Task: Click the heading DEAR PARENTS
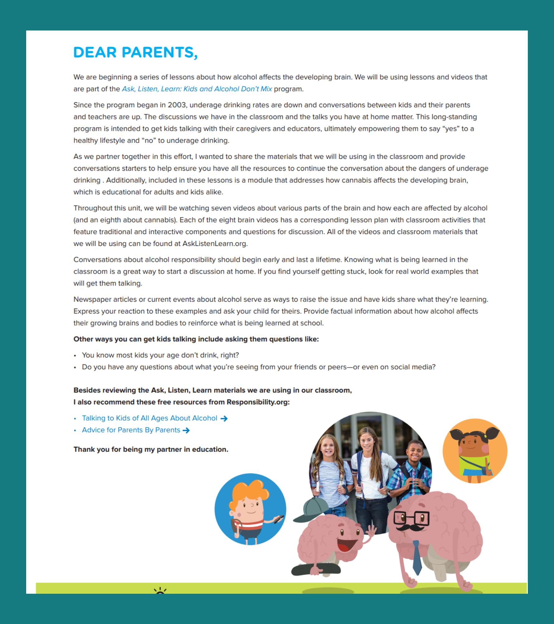coord(135,52)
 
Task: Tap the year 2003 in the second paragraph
coord(177,105)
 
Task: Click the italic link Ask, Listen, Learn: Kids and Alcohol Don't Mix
coord(197,89)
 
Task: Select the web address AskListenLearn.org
coord(215,244)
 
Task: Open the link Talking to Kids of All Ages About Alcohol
coord(150,418)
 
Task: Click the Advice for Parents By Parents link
coord(131,430)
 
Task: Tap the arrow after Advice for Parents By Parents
coord(186,431)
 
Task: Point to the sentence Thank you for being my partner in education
coord(151,449)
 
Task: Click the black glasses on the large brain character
coord(411,518)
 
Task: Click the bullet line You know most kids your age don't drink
coord(160,355)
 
